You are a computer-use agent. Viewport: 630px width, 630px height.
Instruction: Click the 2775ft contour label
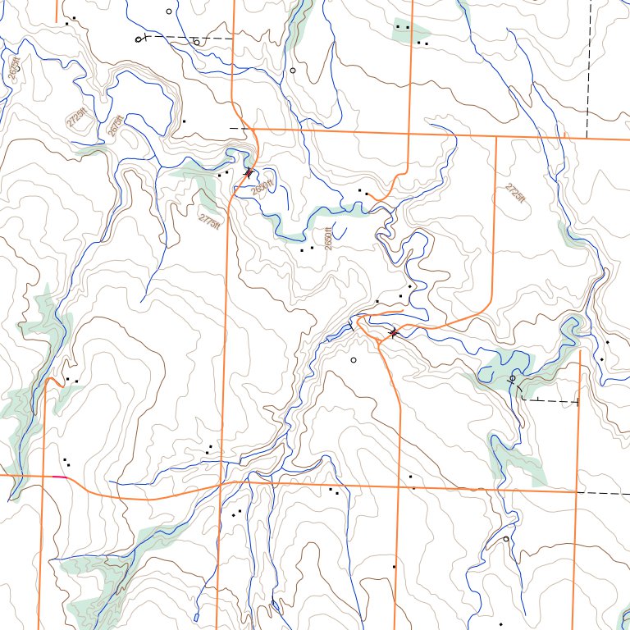[210, 221]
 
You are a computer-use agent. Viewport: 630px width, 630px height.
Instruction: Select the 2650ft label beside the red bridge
[262, 188]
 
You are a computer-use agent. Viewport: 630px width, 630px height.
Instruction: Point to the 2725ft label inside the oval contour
[514, 194]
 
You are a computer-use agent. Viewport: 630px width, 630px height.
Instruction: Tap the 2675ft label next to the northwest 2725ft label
[116, 125]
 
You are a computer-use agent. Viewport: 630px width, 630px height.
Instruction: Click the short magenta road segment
[59, 477]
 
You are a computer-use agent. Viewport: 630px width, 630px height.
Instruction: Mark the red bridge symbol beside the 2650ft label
[249, 172]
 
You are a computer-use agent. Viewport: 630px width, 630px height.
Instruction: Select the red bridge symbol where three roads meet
[394, 332]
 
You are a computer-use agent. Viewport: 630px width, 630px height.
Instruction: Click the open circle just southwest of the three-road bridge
[354, 360]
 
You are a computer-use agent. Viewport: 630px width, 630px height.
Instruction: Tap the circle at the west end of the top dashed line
[138, 39]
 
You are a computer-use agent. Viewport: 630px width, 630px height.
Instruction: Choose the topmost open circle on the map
[169, 11]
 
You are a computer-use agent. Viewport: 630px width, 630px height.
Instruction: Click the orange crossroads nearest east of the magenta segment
[221, 483]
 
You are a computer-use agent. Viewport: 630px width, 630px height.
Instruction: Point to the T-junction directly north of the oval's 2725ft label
[497, 136]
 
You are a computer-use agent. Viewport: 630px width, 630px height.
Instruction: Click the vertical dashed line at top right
[589, 66]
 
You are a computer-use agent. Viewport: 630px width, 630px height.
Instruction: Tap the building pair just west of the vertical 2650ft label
[307, 249]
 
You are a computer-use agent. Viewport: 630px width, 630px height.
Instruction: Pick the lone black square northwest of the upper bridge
[185, 121]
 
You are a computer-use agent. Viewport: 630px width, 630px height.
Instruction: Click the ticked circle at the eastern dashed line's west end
[513, 379]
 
